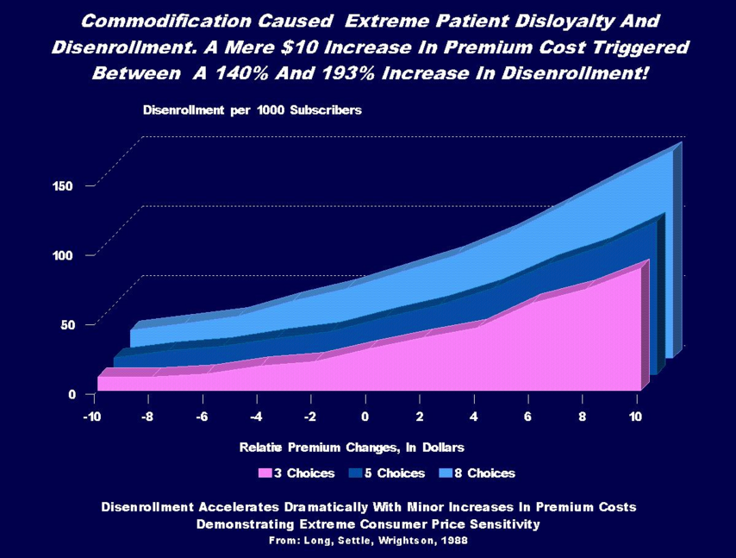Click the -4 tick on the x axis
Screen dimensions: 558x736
tap(256, 417)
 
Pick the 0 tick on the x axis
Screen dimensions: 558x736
tap(365, 417)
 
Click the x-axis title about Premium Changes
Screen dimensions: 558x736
tap(352, 447)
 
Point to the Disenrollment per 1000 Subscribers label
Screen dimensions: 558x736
tap(252, 110)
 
